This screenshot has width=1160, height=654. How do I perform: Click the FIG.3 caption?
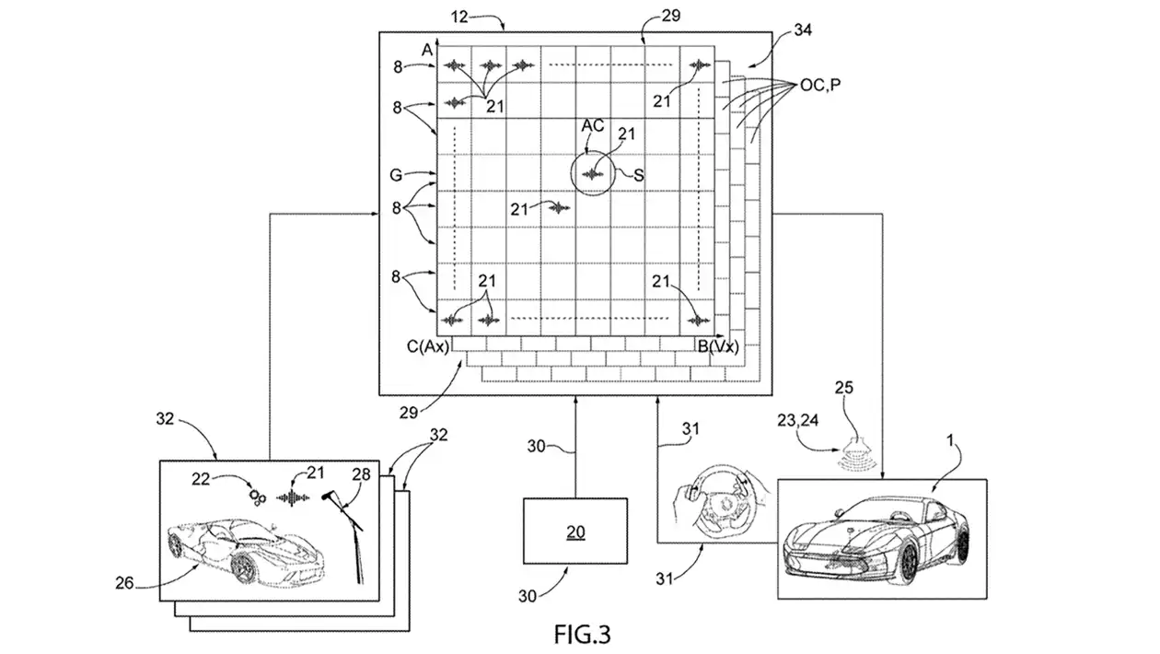pos(583,634)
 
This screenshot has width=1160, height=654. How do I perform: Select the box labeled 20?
pos(575,531)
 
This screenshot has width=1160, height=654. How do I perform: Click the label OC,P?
pos(813,85)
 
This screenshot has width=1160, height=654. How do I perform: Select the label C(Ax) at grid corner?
pos(427,346)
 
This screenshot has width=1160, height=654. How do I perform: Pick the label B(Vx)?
pos(717,346)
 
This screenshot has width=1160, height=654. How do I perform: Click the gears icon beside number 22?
pos(258,496)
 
